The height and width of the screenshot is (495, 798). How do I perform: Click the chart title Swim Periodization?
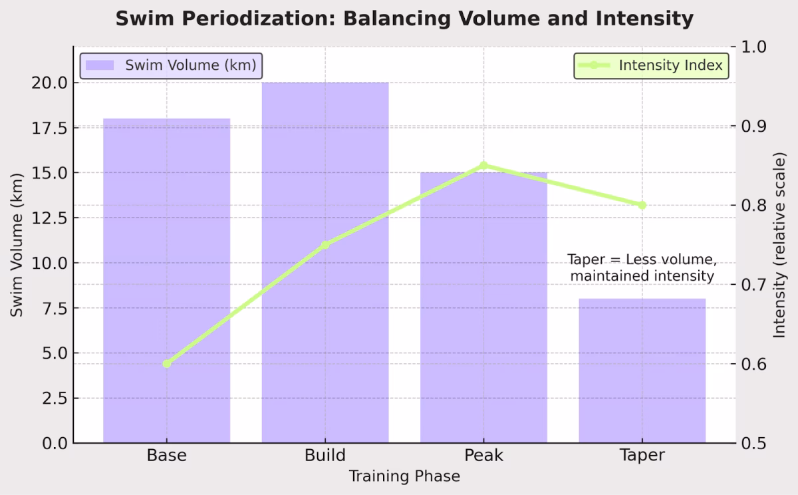point(404,19)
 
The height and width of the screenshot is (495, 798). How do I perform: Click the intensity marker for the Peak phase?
point(483,166)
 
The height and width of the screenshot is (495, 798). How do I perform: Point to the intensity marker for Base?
point(166,363)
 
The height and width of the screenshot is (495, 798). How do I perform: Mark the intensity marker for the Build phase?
point(325,245)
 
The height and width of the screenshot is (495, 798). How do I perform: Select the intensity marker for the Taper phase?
point(642,205)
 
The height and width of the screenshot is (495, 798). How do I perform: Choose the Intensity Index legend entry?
point(651,66)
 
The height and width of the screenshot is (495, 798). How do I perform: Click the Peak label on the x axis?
point(483,456)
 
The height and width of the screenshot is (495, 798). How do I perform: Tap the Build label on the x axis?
point(325,456)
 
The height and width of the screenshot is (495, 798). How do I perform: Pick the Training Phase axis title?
point(404,476)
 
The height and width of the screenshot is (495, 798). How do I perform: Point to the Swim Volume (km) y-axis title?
point(17,244)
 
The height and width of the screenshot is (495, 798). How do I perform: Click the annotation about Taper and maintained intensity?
point(642,267)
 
